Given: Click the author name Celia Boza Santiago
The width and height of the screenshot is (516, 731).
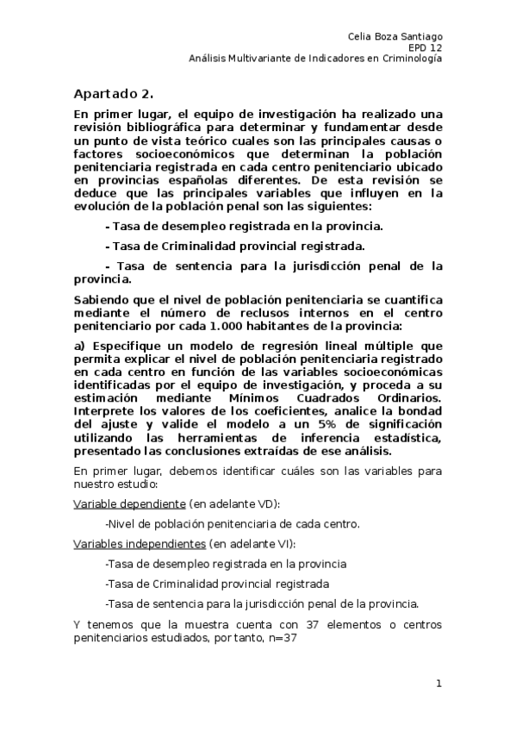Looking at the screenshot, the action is pos(395,36).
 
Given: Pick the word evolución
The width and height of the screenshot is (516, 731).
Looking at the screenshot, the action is pos(103,206).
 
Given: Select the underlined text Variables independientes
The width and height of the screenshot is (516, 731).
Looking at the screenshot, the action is pos(139,544).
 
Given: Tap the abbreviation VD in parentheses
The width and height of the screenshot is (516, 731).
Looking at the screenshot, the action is pos(267,503).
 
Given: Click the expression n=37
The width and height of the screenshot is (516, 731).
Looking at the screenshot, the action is pos(281,640).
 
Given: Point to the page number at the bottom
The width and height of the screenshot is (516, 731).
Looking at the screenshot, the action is pos(438,684).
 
